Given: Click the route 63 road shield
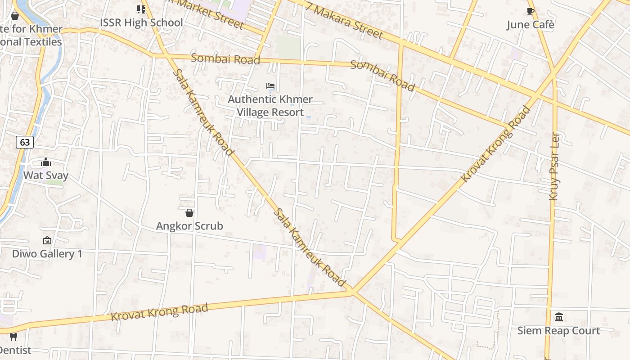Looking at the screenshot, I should (25, 143).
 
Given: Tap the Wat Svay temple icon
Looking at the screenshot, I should (46, 162).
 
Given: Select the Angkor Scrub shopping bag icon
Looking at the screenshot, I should (189, 213).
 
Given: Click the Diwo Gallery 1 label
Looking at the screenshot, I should (47, 254).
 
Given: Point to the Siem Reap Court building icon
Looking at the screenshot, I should (559, 317).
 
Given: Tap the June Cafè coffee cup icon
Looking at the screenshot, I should (531, 11).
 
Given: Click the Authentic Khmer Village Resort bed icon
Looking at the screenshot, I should (270, 86).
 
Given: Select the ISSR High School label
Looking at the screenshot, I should (141, 22).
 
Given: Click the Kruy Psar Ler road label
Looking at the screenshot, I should (555, 166).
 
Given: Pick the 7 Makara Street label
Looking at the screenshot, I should (345, 21).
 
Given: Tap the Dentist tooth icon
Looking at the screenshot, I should (13, 337).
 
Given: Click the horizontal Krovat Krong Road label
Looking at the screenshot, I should (160, 312).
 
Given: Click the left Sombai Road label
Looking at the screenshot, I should (225, 59).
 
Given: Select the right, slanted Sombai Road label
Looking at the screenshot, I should (382, 76).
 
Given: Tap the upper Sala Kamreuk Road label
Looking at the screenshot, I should (203, 112).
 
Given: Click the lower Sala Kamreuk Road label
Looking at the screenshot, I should (310, 247).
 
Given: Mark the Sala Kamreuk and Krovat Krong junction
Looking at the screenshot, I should (352, 292).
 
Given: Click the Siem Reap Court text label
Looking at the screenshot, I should (558, 331).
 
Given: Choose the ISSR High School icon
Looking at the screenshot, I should (141, 9).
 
